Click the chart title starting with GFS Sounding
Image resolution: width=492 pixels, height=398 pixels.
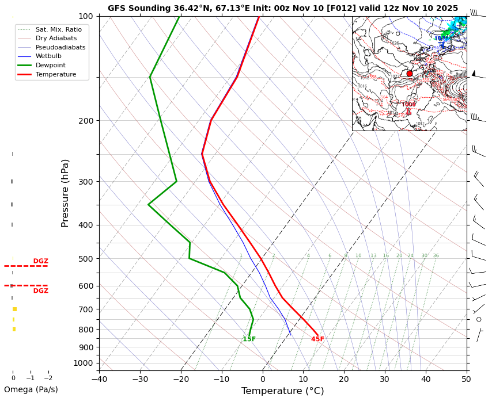coord(282,8)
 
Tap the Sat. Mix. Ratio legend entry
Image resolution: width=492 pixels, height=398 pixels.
coord(58,29)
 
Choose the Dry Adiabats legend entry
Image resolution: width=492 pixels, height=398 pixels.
coord(56,38)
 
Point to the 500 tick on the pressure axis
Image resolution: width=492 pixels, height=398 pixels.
coord(85,259)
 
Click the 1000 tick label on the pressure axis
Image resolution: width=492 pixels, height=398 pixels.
coord(83,363)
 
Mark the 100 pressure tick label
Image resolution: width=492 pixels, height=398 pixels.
coord(85,16)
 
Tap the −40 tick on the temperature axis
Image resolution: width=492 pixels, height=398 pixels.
coord(99,379)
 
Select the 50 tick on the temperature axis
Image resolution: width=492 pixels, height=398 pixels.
coord(466,379)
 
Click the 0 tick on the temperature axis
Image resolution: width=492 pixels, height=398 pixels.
coord(263,379)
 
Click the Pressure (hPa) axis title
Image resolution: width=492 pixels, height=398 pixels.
coord(66,193)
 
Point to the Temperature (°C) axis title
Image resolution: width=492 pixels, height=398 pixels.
coord(282,391)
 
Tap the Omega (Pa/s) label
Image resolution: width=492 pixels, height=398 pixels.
coord(31,389)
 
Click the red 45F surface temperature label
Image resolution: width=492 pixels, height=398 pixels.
coord(317,339)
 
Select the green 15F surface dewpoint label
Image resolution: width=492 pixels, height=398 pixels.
coord(249,339)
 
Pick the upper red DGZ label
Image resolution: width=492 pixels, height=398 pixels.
coord(41,261)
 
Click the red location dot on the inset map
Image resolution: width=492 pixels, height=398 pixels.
coord(410,74)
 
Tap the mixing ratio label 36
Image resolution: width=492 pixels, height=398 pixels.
coord(436,256)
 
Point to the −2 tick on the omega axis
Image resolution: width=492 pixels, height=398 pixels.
coord(48,378)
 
